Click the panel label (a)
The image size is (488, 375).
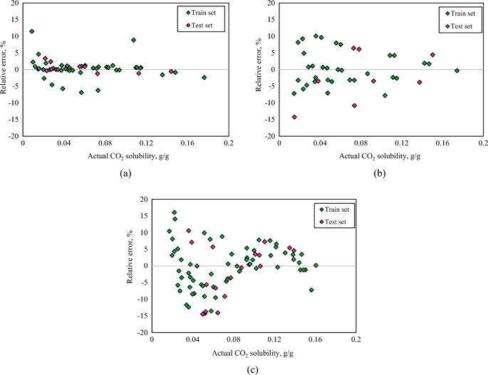pyautogui.click(x=125, y=173)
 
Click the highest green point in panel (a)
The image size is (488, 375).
pyautogui.click(x=32, y=31)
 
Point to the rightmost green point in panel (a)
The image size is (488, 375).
pyautogui.click(x=204, y=78)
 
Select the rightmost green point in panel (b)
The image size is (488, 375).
pyautogui.click(x=457, y=71)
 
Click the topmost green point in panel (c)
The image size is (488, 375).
pyautogui.click(x=175, y=212)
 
